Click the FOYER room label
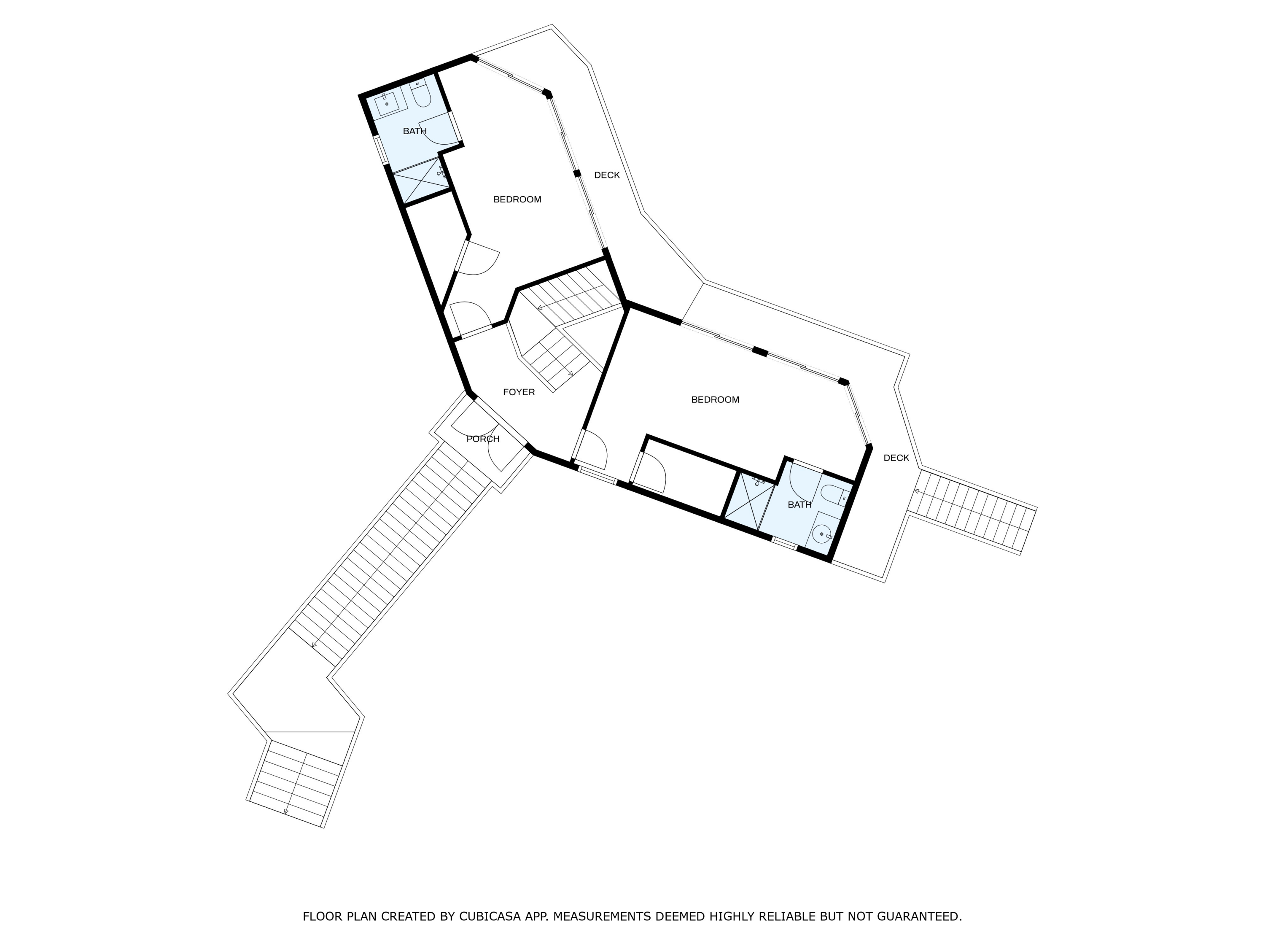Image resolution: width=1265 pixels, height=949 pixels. pos(519,392)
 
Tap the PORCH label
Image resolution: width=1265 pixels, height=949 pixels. pos(483,439)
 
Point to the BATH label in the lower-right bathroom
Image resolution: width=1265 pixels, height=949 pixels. pos(799,504)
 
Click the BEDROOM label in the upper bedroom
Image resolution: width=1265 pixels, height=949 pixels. pos(517,199)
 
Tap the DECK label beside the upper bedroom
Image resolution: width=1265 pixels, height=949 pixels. pos(607,175)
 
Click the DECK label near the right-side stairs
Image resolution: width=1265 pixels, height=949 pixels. pos(896,458)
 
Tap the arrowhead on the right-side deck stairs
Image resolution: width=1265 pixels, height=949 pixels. pos(917,491)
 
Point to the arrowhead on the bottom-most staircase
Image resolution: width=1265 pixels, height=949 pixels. pos(286,811)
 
